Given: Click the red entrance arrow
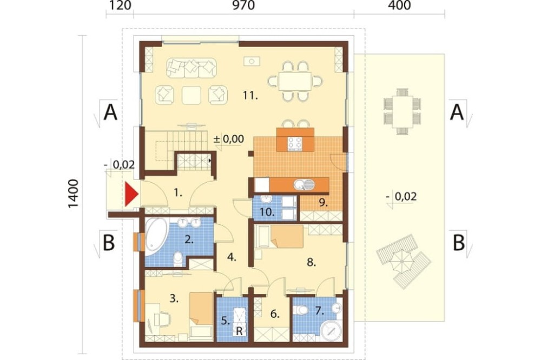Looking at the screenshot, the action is (131, 195).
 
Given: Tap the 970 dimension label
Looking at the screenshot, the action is (243, 5).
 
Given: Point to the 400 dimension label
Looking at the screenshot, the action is (400, 5).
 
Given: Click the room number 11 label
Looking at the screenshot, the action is (250, 96).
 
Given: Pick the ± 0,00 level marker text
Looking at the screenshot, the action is (228, 139).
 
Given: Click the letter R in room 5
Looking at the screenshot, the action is (239, 331).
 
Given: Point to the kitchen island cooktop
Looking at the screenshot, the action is (295, 144).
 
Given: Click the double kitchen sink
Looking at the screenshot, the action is (304, 185).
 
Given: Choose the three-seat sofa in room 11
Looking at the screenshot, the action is (192, 68).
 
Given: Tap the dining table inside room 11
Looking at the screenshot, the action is (295, 82).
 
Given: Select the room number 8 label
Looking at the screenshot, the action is (311, 263).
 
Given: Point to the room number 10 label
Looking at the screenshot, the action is (267, 212).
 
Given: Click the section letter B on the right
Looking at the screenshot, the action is (459, 243).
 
